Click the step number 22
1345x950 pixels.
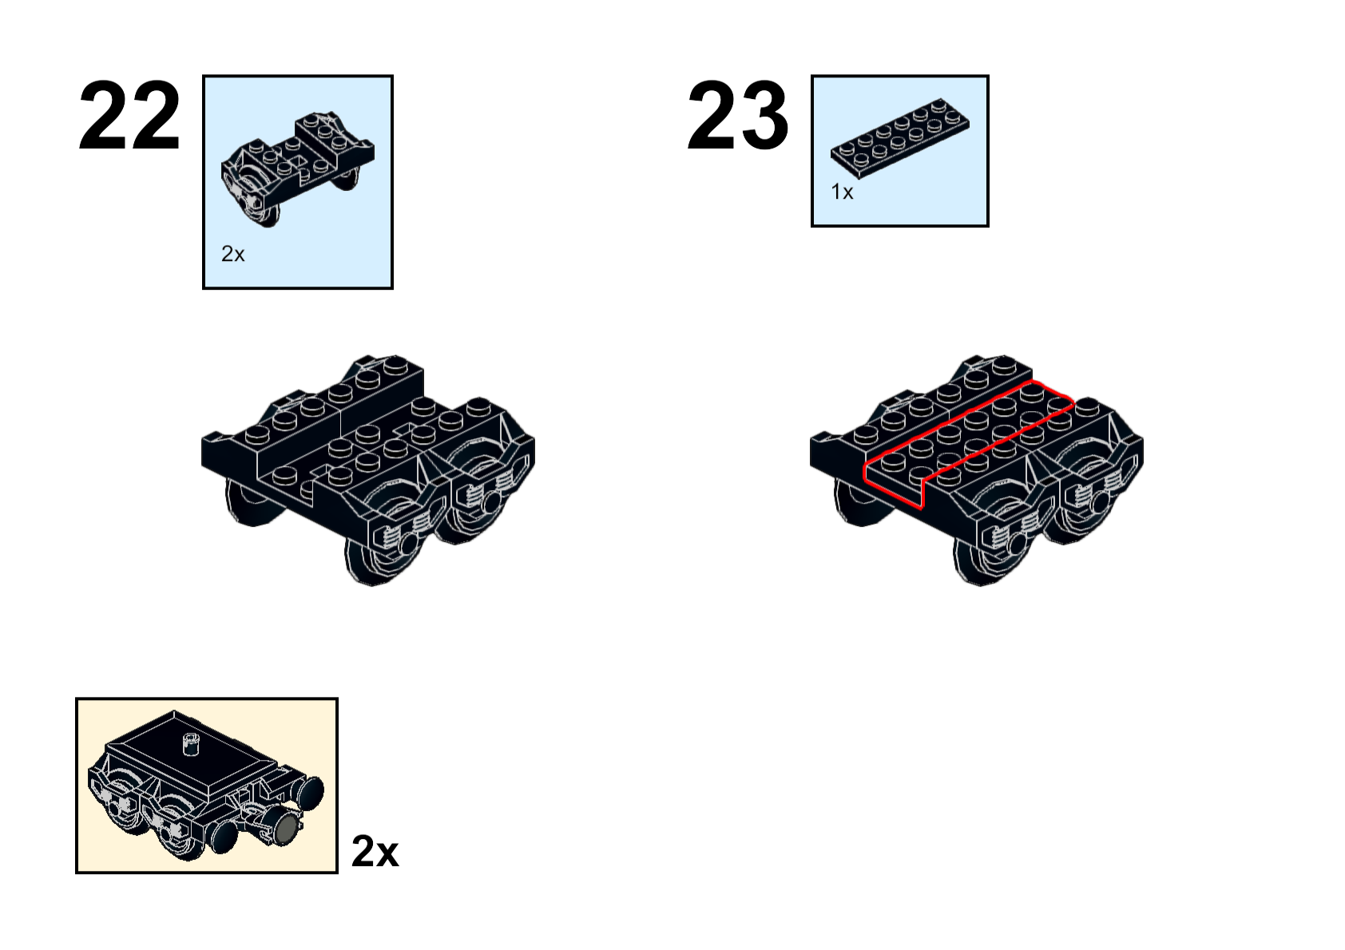pyautogui.click(x=129, y=115)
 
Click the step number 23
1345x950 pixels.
pyautogui.click(x=737, y=115)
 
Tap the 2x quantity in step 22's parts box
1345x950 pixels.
pyautogui.click(x=233, y=254)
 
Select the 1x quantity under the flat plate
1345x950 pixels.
pyautogui.click(x=842, y=192)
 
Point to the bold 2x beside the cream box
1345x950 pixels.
pyautogui.click(x=375, y=851)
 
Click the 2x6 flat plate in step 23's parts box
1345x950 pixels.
pyautogui.click(x=899, y=139)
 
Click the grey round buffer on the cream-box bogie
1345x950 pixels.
pyautogui.click(x=287, y=829)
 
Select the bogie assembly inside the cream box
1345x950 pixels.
pyautogui.click(x=206, y=786)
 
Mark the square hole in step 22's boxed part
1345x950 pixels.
pyautogui.click(x=297, y=161)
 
